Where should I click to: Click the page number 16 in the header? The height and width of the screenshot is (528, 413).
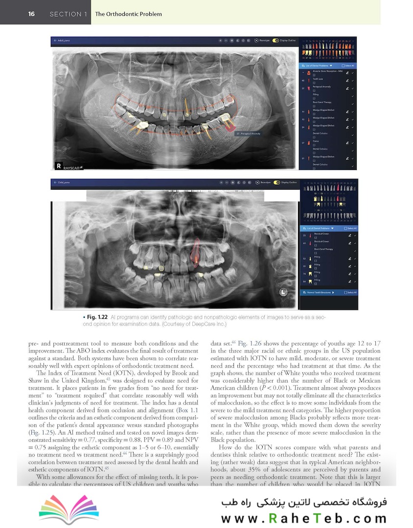(x=31, y=14)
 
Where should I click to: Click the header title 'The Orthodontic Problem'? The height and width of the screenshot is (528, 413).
(x=128, y=14)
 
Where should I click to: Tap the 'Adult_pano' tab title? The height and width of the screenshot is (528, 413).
(x=64, y=41)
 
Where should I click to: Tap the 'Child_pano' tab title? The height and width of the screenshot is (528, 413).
(x=64, y=183)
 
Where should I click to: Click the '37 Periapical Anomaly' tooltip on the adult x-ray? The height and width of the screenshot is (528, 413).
(x=249, y=132)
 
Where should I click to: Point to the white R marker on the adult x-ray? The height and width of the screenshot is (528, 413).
(x=59, y=166)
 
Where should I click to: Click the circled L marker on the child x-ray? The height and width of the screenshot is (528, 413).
(x=283, y=292)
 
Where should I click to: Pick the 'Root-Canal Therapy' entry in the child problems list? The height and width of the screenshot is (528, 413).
(x=323, y=249)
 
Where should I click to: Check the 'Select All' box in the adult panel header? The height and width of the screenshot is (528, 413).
(x=345, y=66)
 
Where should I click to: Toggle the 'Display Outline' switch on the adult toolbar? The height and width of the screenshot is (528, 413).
(x=275, y=41)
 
